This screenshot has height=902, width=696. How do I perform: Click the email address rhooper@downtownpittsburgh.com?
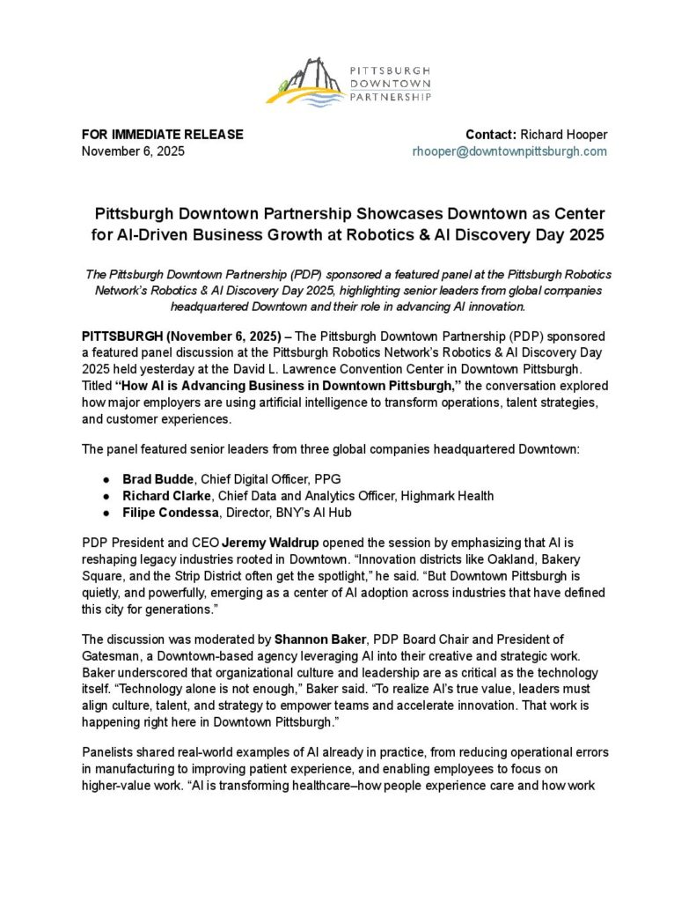coord(510,152)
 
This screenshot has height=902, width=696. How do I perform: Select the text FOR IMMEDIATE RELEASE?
coord(162,135)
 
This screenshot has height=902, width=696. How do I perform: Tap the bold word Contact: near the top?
coord(490,135)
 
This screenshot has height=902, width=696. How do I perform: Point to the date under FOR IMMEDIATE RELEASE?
coord(133,152)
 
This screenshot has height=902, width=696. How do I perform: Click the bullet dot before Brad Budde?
coord(106,479)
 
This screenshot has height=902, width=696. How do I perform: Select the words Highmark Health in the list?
coord(447,496)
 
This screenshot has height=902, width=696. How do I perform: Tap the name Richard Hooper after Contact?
coord(564,135)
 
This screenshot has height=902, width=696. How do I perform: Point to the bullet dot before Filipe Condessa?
coord(106,513)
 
